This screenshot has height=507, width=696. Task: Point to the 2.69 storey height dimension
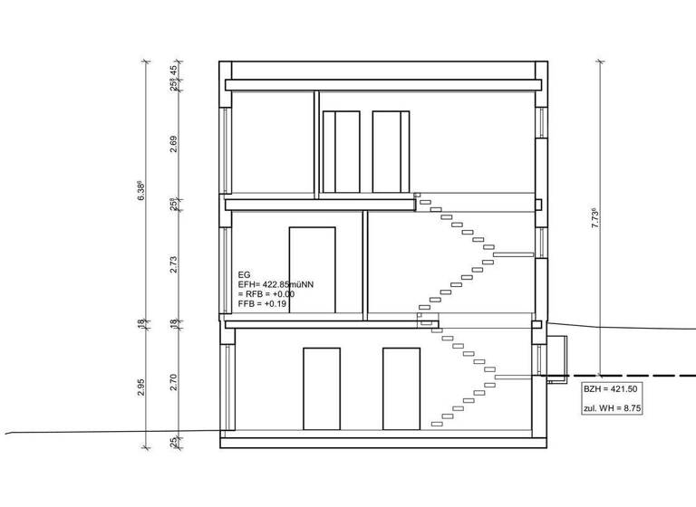click(x=173, y=145)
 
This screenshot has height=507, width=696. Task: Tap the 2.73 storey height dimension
click(x=173, y=263)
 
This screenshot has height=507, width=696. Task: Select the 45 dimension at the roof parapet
click(x=173, y=71)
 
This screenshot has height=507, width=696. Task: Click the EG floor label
click(x=243, y=273)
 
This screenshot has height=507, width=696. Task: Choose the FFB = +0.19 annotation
click(x=264, y=305)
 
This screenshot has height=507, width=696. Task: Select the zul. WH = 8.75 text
click(x=612, y=409)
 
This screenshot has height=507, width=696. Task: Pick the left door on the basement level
click(x=321, y=387)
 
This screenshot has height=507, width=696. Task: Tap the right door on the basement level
click(x=401, y=387)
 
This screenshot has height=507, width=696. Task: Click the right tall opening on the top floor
click(x=391, y=152)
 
